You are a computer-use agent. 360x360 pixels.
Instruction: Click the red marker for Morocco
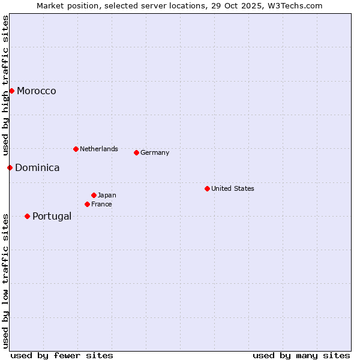click(x=11, y=91)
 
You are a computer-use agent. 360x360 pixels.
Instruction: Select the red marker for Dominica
click(x=10, y=167)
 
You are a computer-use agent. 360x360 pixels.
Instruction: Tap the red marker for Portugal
click(x=27, y=216)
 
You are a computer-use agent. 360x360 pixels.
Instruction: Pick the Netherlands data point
click(x=76, y=149)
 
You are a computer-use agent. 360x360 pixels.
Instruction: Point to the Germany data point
click(x=136, y=152)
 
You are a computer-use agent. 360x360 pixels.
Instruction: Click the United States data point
click(x=207, y=188)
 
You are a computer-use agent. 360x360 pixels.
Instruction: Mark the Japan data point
click(x=94, y=195)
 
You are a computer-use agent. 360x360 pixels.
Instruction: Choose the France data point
click(x=87, y=204)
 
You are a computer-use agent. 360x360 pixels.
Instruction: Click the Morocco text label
click(x=37, y=91)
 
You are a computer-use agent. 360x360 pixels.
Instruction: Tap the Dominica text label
click(x=37, y=168)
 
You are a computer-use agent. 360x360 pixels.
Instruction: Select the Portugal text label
click(x=52, y=217)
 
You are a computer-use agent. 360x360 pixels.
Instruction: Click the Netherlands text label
click(x=99, y=149)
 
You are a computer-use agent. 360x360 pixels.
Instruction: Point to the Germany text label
click(x=155, y=152)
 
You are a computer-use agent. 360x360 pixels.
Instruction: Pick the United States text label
click(x=233, y=188)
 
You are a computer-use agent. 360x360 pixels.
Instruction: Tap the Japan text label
click(x=107, y=195)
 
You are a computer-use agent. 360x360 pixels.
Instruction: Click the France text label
click(x=101, y=204)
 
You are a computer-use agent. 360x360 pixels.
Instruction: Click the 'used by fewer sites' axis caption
click(x=62, y=355)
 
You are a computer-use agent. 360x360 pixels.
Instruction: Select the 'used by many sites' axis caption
click(x=301, y=355)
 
